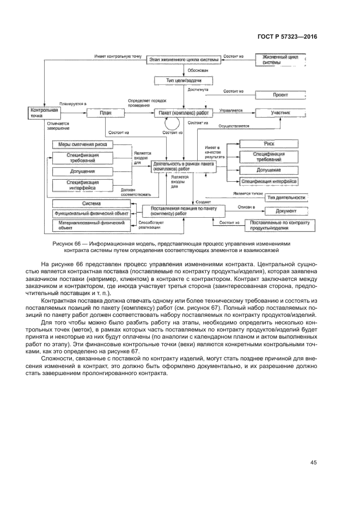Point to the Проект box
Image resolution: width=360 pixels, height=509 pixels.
280,95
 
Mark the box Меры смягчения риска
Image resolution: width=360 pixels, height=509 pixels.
83,144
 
